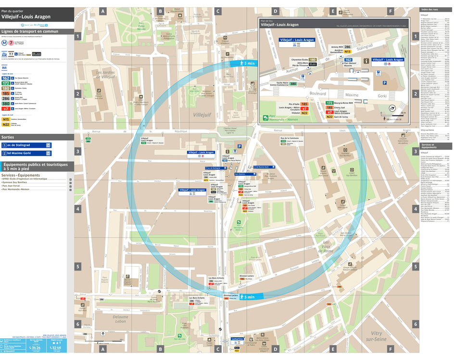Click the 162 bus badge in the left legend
[x=6, y=77]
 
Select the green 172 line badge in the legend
[x=6, y=83]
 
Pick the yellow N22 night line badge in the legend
[x=6, y=124]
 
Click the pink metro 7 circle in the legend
[x=11, y=42]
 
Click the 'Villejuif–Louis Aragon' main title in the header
[x=26, y=17]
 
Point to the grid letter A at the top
[x=102, y=11]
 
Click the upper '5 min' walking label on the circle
[x=247, y=64]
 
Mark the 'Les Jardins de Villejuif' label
[x=105, y=75]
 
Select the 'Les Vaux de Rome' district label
[x=328, y=246]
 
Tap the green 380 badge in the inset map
[x=293, y=84]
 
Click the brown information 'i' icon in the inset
[x=366, y=61]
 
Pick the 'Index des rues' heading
[x=429, y=10]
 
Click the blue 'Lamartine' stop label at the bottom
[x=237, y=339]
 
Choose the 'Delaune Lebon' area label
[x=120, y=320]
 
